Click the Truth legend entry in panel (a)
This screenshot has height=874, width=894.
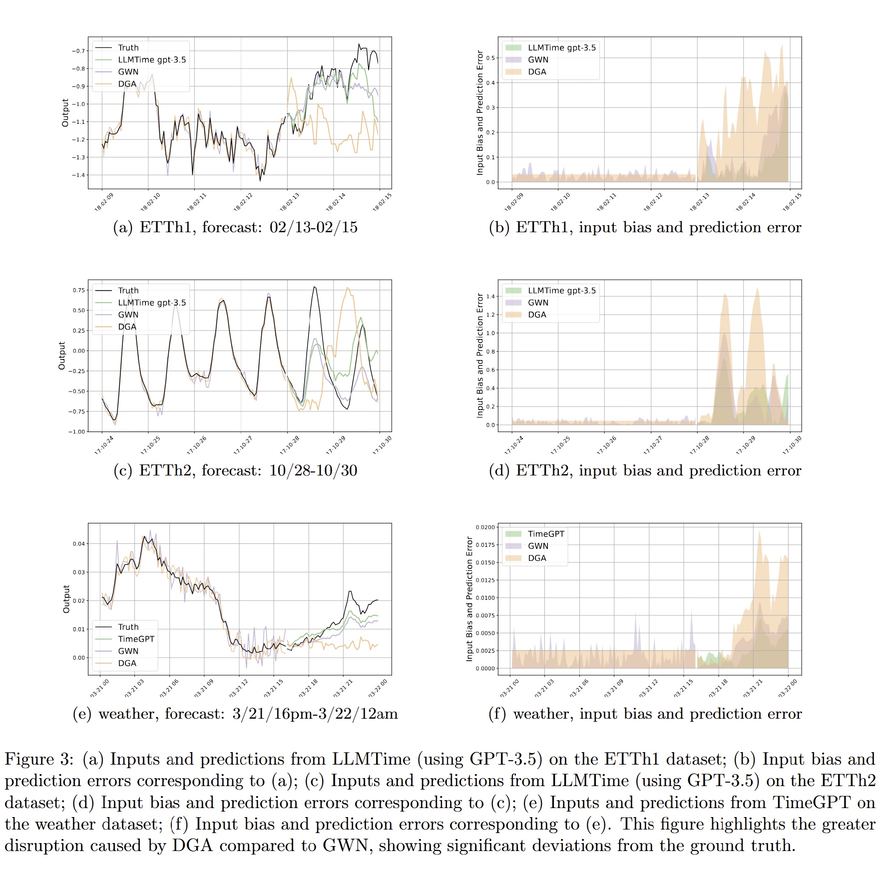(128, 47)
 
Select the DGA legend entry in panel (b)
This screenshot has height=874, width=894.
(537, 72)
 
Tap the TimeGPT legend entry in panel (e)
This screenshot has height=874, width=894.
(136, 639)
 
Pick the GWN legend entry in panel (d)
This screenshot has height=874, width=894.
(538, 303)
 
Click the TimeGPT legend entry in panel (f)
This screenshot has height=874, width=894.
(546, 534)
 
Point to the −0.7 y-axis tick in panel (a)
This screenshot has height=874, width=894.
(78, 51)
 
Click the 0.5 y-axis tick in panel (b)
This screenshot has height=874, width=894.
(490, 58)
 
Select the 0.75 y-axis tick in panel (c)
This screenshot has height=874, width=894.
(79, 290)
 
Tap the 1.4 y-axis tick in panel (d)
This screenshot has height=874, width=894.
(490, 297)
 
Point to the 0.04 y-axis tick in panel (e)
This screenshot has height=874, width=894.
(79, 544)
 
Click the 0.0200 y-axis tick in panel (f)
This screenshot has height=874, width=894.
(485, 527)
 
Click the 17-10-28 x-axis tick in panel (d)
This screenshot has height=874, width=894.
(699, 445)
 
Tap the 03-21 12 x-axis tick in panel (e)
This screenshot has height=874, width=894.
(239, 688)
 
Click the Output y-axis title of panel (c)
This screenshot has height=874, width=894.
(62, 356)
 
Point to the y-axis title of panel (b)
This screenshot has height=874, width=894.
(480, 112)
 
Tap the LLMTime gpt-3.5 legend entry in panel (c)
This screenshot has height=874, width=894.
(151, 303)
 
